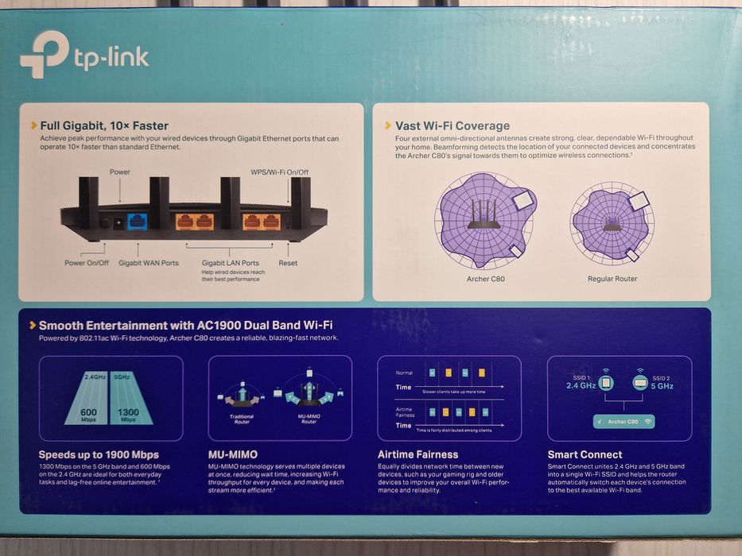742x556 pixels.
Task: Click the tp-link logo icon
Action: click(44, 54)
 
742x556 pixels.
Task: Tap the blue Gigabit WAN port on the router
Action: click(138, 222)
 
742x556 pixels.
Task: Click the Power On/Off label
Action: click(87, 263)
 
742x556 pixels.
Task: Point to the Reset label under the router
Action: click(288, 263)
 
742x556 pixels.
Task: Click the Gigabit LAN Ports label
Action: click(230, 263)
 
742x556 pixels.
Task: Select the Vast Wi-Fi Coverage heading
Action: click(453, 125)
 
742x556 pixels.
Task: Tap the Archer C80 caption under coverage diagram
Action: click(485, 279)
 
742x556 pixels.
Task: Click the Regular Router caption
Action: click(612, 279)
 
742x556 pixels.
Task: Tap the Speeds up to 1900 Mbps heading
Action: click(99, 455)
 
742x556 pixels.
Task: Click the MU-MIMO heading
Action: click(232, 455)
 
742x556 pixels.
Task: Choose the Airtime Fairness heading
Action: click(418, 455)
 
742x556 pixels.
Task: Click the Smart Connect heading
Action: click(585, 455)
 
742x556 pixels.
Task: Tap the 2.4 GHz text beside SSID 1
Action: click(581, 385)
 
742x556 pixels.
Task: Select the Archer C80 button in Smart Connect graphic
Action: click(624, 421)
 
